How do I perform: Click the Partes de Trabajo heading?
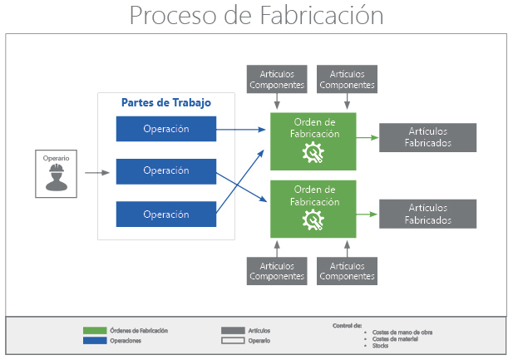coord(166,103)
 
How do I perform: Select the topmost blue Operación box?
coord(166,129)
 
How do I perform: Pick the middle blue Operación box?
coord(166,170)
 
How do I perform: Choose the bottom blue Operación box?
coord(166,214)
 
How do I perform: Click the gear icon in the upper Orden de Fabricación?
coord(313,152)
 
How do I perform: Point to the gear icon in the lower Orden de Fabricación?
coord(313,219)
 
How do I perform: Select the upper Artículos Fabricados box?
coord(428,137)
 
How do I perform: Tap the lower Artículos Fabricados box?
coord(428,214)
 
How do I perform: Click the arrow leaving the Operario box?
coord(96,173)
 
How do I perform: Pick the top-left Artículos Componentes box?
coord(277,79)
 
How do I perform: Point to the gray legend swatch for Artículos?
coord(233,330)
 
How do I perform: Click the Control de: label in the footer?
coord(347,325)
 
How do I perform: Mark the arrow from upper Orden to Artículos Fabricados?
coord(367,138)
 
